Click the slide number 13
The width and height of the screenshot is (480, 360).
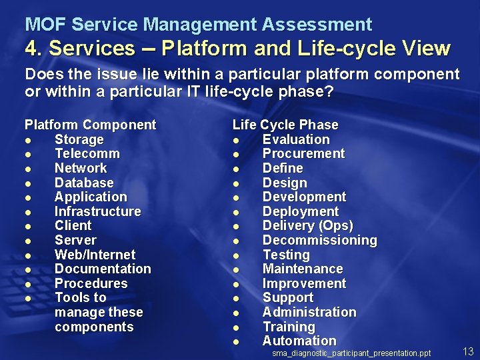pyautogui.click(x=467, y=351)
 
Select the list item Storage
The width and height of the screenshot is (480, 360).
pyautogui.click(x=79, y=139)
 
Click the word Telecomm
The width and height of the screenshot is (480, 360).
pyautogui.click(x=87, y=154)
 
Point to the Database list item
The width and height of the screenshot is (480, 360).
pyautogui.click(x=84, y=183)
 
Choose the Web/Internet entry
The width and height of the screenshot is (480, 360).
pyautogui.click(x=95, y=255)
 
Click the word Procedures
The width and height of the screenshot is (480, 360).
pyautogui.click(x=91, y=283)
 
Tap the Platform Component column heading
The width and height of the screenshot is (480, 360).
pyautogui.click(x=90, y=125)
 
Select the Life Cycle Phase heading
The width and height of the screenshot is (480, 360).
pyautogui.click(x=285, y=125)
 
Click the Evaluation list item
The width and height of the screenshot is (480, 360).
pyautogui.click(x=296, y=139)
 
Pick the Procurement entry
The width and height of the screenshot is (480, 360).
pyautogui.click(x=303, y=154)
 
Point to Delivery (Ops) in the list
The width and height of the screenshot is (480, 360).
pyautogui.click(x=307, y=226)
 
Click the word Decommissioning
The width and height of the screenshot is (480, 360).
pyautogui.click(x=319, y=240)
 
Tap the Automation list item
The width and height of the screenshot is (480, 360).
pyautogui.click(x=299, y=341)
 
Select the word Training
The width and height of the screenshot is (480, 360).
pyautogui.click(x=289, y=327)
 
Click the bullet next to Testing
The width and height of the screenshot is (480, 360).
pyautogui.click(x=236, y=255)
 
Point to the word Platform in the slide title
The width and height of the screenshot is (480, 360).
pyautogui.click(x=197, y=49)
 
